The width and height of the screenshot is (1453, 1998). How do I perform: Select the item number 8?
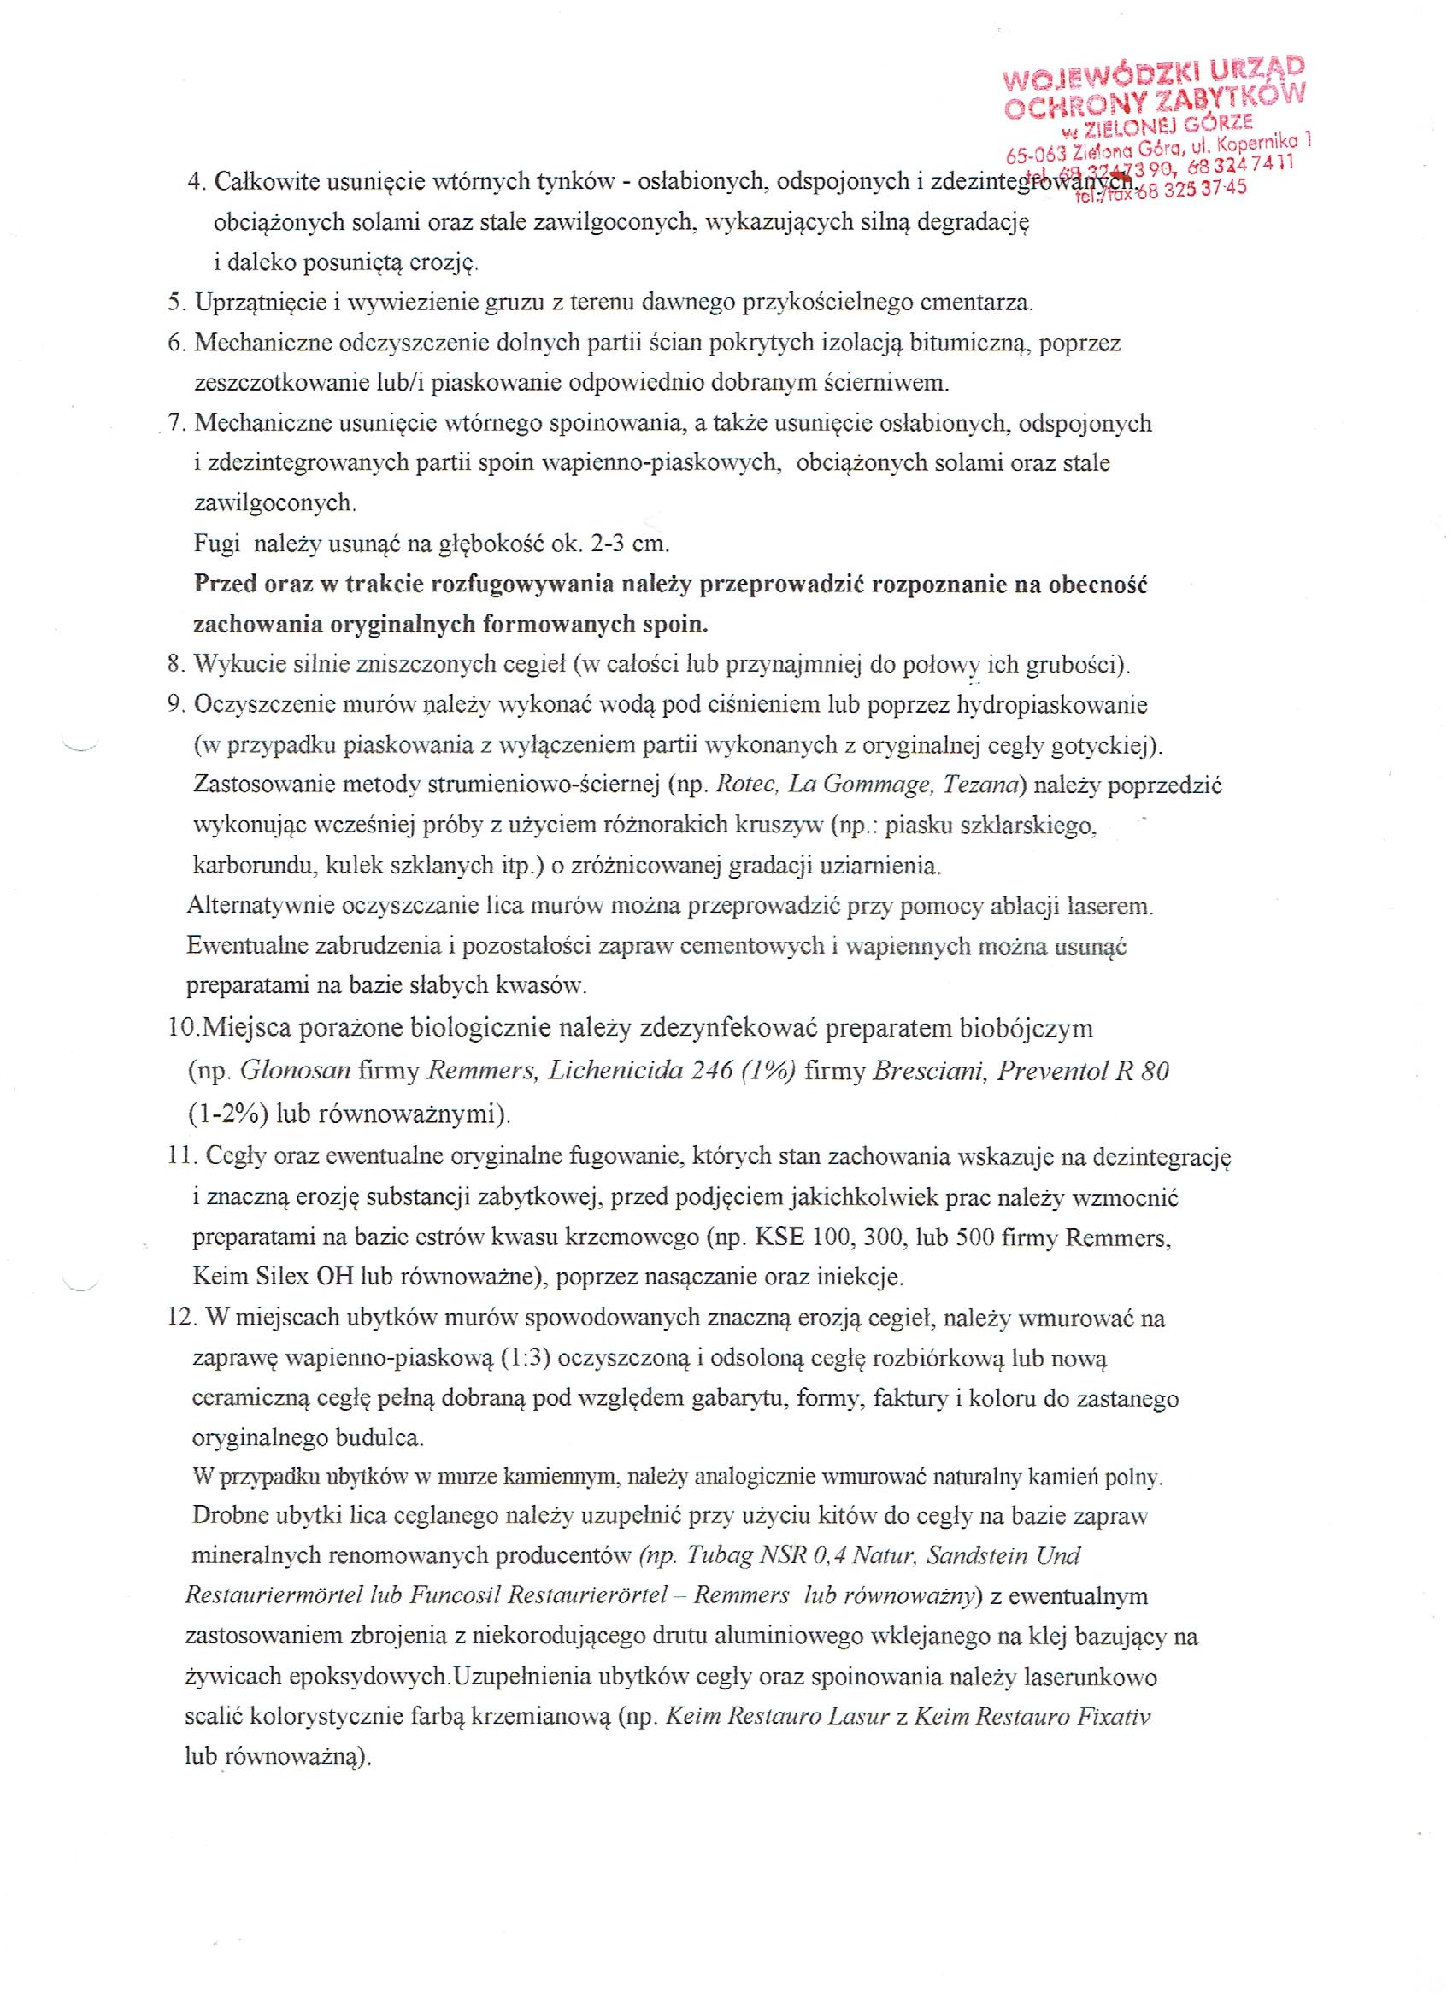click(174, 664)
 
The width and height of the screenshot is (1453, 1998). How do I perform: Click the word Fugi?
click(217, 544)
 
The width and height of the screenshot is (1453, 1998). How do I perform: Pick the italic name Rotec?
click(745, 785)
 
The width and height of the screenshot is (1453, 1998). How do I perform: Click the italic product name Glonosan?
click(295, 1072)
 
